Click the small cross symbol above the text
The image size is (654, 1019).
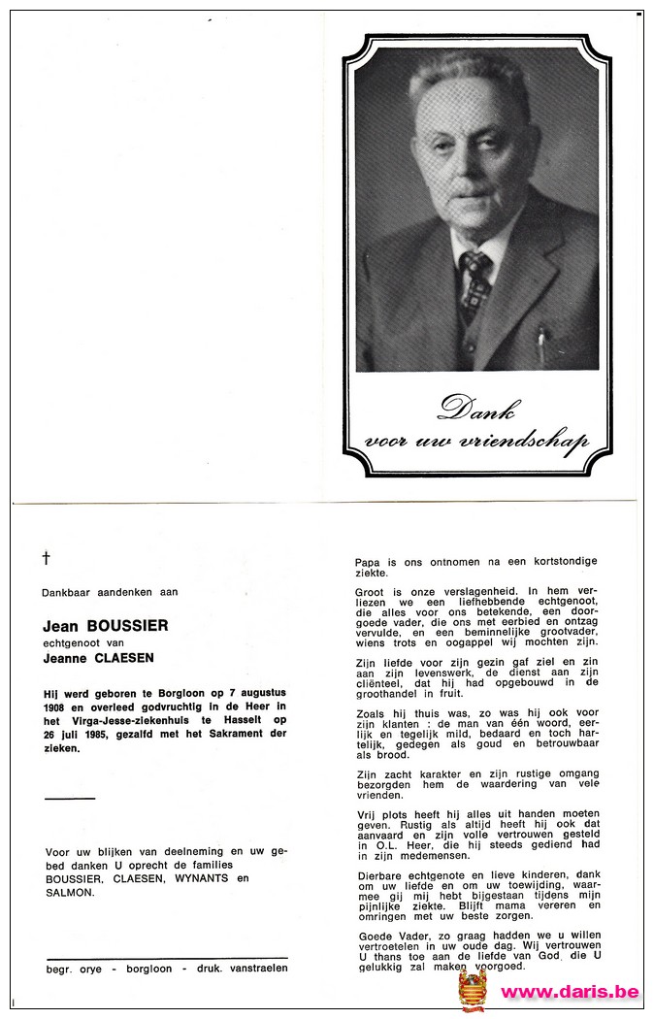pyautogui.click(x=46, y=557)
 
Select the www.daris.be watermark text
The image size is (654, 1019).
pyautogui.click(x=570, y=992)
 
